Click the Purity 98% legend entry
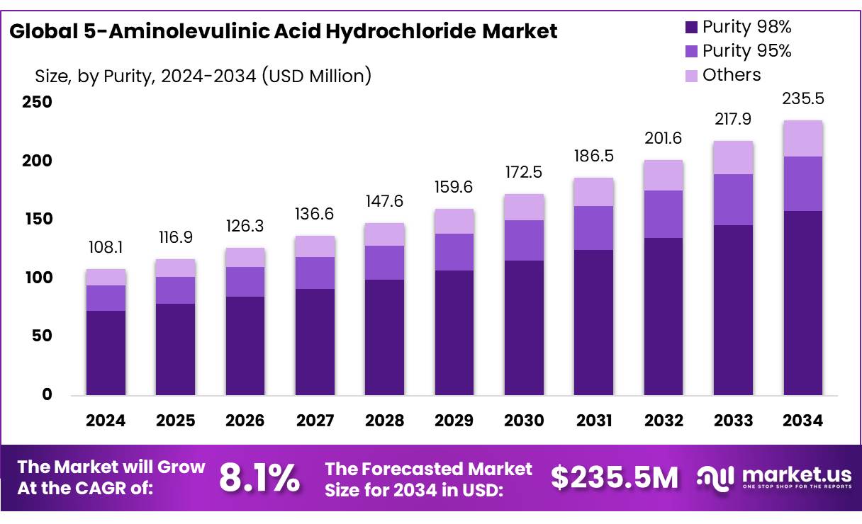[738, 28]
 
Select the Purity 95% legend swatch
[691, 52]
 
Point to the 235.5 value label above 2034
[803, 99]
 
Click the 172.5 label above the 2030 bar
[524, 171]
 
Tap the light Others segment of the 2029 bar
[454, 221]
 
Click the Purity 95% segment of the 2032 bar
[664, 214]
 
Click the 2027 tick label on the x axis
[315, 421]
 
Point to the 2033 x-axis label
[734, 421]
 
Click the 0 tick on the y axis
[47, 394]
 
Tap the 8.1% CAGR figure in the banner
[259, 478]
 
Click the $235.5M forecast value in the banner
[615, 478]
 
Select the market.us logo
[773, 478]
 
